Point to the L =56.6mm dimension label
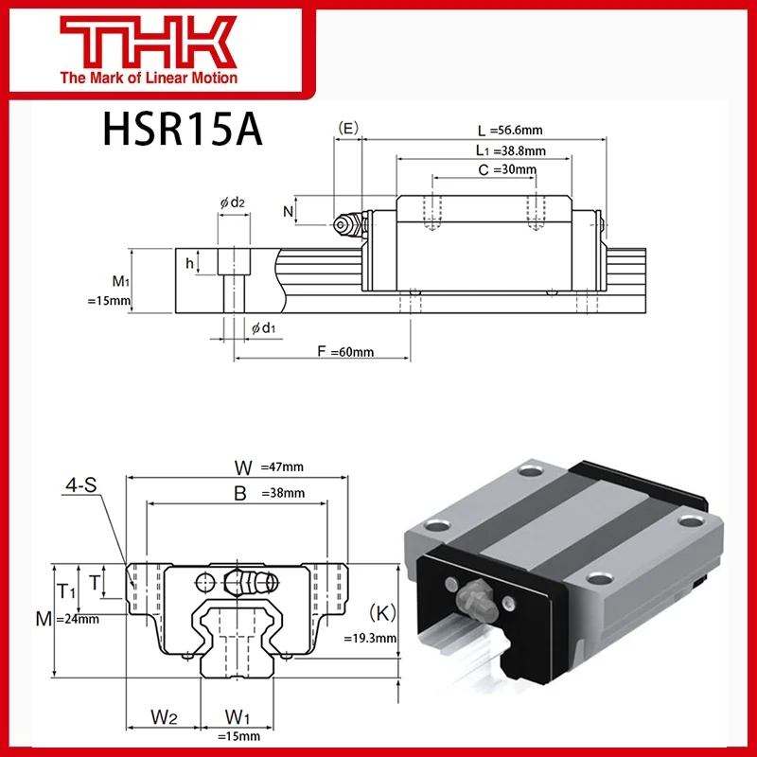[x=510, y=131]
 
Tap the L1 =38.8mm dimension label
[x=510, y=150]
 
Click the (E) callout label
[x=348, y=126]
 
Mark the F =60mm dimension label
[x=345, y=352]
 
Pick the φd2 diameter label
[x=233, y=202]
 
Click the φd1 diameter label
[x=263, y=327]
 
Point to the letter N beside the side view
[x=288, y=211]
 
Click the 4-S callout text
[x=80, y=488]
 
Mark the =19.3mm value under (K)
[x=370, y=638]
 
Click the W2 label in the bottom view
[x=165, y=716]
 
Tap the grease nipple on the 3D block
[x=473, y=599]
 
